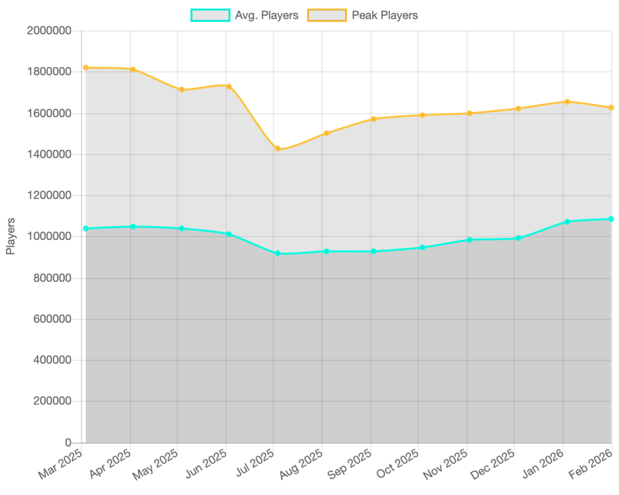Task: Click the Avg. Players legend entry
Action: [244, 16]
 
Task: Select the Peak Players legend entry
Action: [361, 16]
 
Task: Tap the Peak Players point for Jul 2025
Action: [277, 149]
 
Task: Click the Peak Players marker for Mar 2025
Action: [86, 68]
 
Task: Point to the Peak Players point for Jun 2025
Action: [229, 86]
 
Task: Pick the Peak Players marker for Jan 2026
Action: [567, 102]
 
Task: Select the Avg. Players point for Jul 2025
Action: [277, 253]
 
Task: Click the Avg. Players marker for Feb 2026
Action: [612, 219]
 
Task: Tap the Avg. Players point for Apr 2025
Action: [133, 227]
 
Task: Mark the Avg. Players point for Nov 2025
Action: [470, 240]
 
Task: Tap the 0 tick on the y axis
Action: [68, 442]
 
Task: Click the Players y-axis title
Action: [11, 236]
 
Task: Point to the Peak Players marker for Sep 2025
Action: [374, 118]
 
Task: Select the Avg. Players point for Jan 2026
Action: [567, 222]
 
